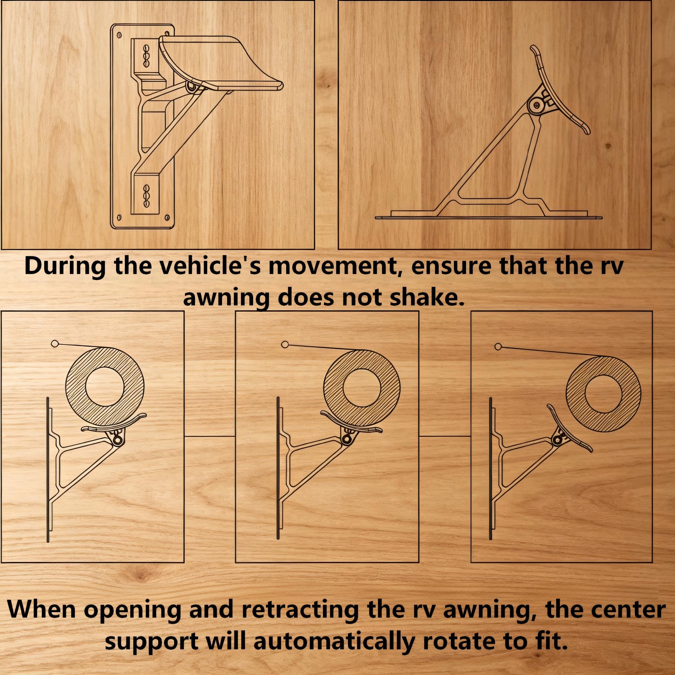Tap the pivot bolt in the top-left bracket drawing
191,87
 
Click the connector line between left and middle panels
210,436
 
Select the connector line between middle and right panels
445,436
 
